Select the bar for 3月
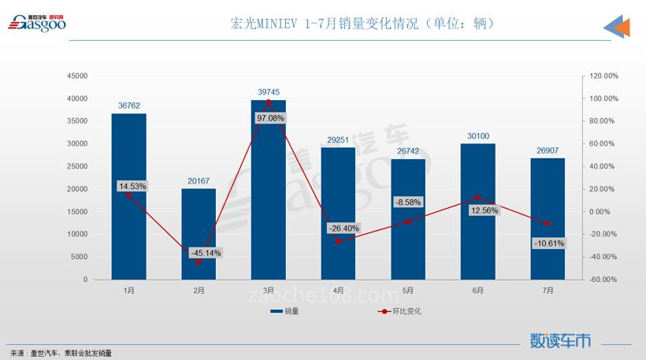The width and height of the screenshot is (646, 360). pyautogui.click(x=268, y=189)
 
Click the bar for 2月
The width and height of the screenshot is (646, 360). pyautogui.click(x=199, y=234)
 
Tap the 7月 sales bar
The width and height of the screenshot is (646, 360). pyautogui.click(x=548, y=218)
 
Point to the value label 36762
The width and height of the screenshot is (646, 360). pyautogui.click(x=129, y=105)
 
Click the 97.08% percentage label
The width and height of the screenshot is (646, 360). pyautogui.click(x=269, y=117)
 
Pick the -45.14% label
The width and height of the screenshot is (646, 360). pyautogui.click(x=206, y=253)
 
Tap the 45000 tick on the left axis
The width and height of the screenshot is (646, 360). pyautogui.click(x=76, y=76)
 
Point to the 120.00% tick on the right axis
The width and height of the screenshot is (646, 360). pyautogui.click(x=602, y=76)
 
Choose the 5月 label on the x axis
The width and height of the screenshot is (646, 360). pyautogui.click(x=408, y=291)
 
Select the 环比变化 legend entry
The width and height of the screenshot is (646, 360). pyautogui.click(x=401, y=312)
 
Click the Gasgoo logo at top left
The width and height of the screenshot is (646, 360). pyautogui.click(x=37, y=24)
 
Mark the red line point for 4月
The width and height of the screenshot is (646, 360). pyautogui.click(x=338, y=241)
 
